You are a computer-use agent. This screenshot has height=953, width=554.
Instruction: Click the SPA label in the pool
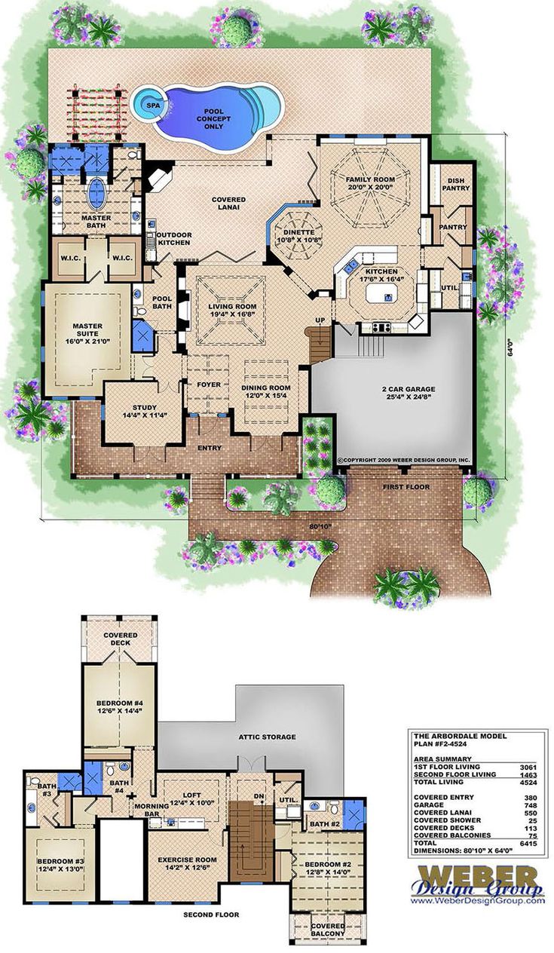point(154,105)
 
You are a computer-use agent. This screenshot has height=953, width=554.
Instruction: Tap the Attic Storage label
point(266,737)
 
